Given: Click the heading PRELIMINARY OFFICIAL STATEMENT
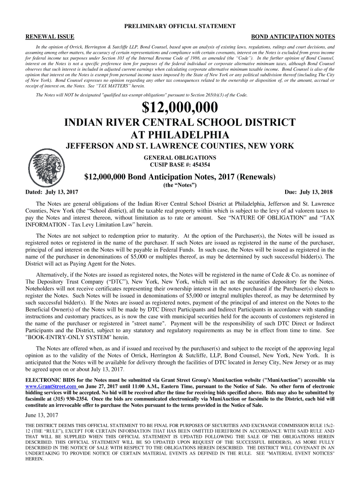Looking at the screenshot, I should pyautogui.click(x=180, y=28).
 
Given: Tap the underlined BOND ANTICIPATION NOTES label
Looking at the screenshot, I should pyautogui.click(x=293, y=36).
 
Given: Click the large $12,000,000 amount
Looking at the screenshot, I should pyautogui.click(x=180, y=108).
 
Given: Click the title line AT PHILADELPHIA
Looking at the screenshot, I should pyautogui.click(x=180, y=135).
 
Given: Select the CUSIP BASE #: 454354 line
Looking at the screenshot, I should pyautogui.click(x=180, y=165).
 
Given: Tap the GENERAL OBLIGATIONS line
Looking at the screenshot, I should pyautogui.click(x=180, y=158).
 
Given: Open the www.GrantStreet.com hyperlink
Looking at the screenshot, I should pyautogui.click(x=50, y=387).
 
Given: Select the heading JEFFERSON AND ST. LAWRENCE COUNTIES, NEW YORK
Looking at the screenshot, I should pyautogui.click(x=180, y=146).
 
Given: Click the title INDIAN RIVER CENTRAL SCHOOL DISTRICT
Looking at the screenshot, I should pyautogui.click(x=180, y=123).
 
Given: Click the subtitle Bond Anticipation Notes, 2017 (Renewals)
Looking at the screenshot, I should pyautogui.click(x=180, y=177).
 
